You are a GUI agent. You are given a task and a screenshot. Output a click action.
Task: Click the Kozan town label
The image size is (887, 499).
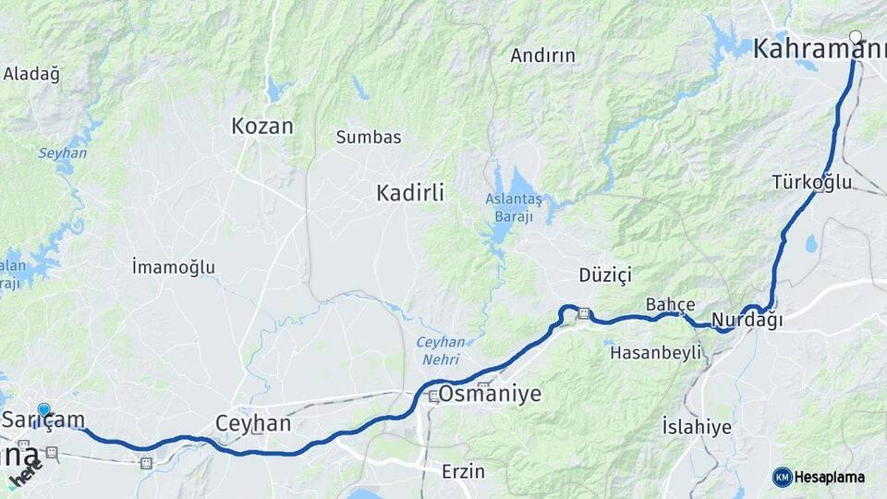point(262,126)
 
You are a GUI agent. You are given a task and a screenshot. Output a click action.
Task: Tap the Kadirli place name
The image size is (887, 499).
point(410,192)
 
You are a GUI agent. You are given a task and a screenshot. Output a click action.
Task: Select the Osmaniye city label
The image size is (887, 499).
point(490,394)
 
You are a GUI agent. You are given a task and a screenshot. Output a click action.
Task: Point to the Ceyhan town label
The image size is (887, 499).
point(252,423)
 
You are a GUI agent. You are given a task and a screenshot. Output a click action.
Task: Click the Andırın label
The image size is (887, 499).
point(542,55)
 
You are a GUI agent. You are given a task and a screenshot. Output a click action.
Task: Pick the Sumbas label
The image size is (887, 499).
point(369,137)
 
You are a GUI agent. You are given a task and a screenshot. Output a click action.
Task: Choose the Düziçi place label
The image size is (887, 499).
point(604,274)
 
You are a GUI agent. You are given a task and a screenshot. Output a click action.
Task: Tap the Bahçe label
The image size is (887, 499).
point(670,304)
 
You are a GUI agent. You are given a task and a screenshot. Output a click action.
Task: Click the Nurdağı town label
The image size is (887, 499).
point(748,321)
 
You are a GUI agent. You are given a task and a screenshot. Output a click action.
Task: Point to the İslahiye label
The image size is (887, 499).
point(697,426)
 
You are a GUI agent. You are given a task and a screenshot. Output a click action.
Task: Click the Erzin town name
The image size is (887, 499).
point(463,471)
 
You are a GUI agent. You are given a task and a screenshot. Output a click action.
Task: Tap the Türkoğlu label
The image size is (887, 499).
point(812,182)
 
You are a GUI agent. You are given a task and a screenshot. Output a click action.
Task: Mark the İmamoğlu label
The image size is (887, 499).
point(174,267)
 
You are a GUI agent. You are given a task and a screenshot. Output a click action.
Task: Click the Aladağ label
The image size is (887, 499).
point(31,74)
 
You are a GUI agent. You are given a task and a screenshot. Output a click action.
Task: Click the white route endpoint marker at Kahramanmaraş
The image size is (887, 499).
point(856,38)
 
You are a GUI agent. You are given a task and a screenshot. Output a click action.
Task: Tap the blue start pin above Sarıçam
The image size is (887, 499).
point(43,409)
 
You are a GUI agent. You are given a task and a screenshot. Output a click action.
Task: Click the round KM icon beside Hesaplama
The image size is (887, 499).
point(783,477)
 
